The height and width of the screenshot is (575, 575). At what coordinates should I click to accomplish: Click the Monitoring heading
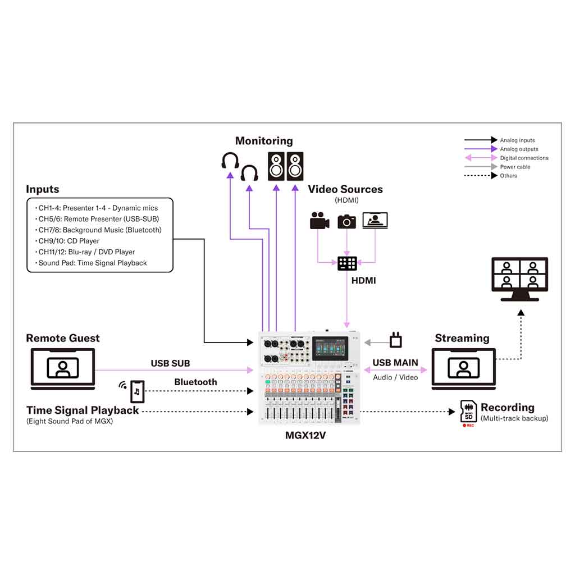[264, 141]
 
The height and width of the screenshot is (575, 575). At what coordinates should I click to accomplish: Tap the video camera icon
[319, 221]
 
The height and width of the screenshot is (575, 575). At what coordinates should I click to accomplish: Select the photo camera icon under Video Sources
[346, 221]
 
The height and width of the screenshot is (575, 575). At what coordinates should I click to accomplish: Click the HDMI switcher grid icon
[347, 263]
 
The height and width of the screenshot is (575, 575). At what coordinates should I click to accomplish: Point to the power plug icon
[396, 340]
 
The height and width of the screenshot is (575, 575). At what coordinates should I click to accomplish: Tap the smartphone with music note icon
[137, 391]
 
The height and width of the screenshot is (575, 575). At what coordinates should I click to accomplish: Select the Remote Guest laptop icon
[63, 368]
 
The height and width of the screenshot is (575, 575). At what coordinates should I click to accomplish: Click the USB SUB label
[170, 363]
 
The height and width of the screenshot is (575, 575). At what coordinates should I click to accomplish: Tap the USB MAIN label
[395, 363]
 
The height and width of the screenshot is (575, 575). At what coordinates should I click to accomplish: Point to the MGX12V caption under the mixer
[305, 435]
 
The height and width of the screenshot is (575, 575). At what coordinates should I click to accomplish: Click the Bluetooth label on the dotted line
[195, 382]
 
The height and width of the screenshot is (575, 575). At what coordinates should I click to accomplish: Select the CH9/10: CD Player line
[69, 241]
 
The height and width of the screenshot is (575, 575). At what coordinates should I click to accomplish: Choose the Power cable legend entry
[515, 167]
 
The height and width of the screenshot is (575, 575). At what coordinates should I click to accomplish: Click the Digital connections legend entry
[524, 158]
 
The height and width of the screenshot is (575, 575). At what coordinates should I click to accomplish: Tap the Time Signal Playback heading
[83, 410]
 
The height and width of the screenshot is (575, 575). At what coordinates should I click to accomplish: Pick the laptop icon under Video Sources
[375, 220]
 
